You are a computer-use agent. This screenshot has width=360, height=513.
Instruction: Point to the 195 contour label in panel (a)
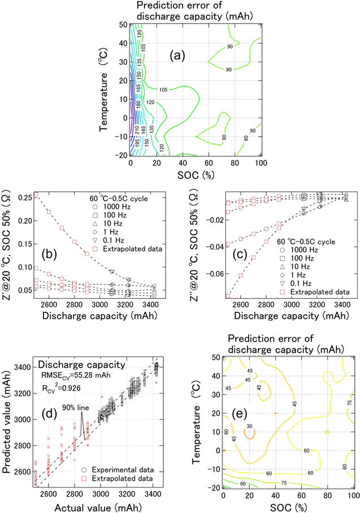(x=137, y=144)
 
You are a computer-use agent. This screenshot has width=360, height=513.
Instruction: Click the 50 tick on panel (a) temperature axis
(x=122, y=25)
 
